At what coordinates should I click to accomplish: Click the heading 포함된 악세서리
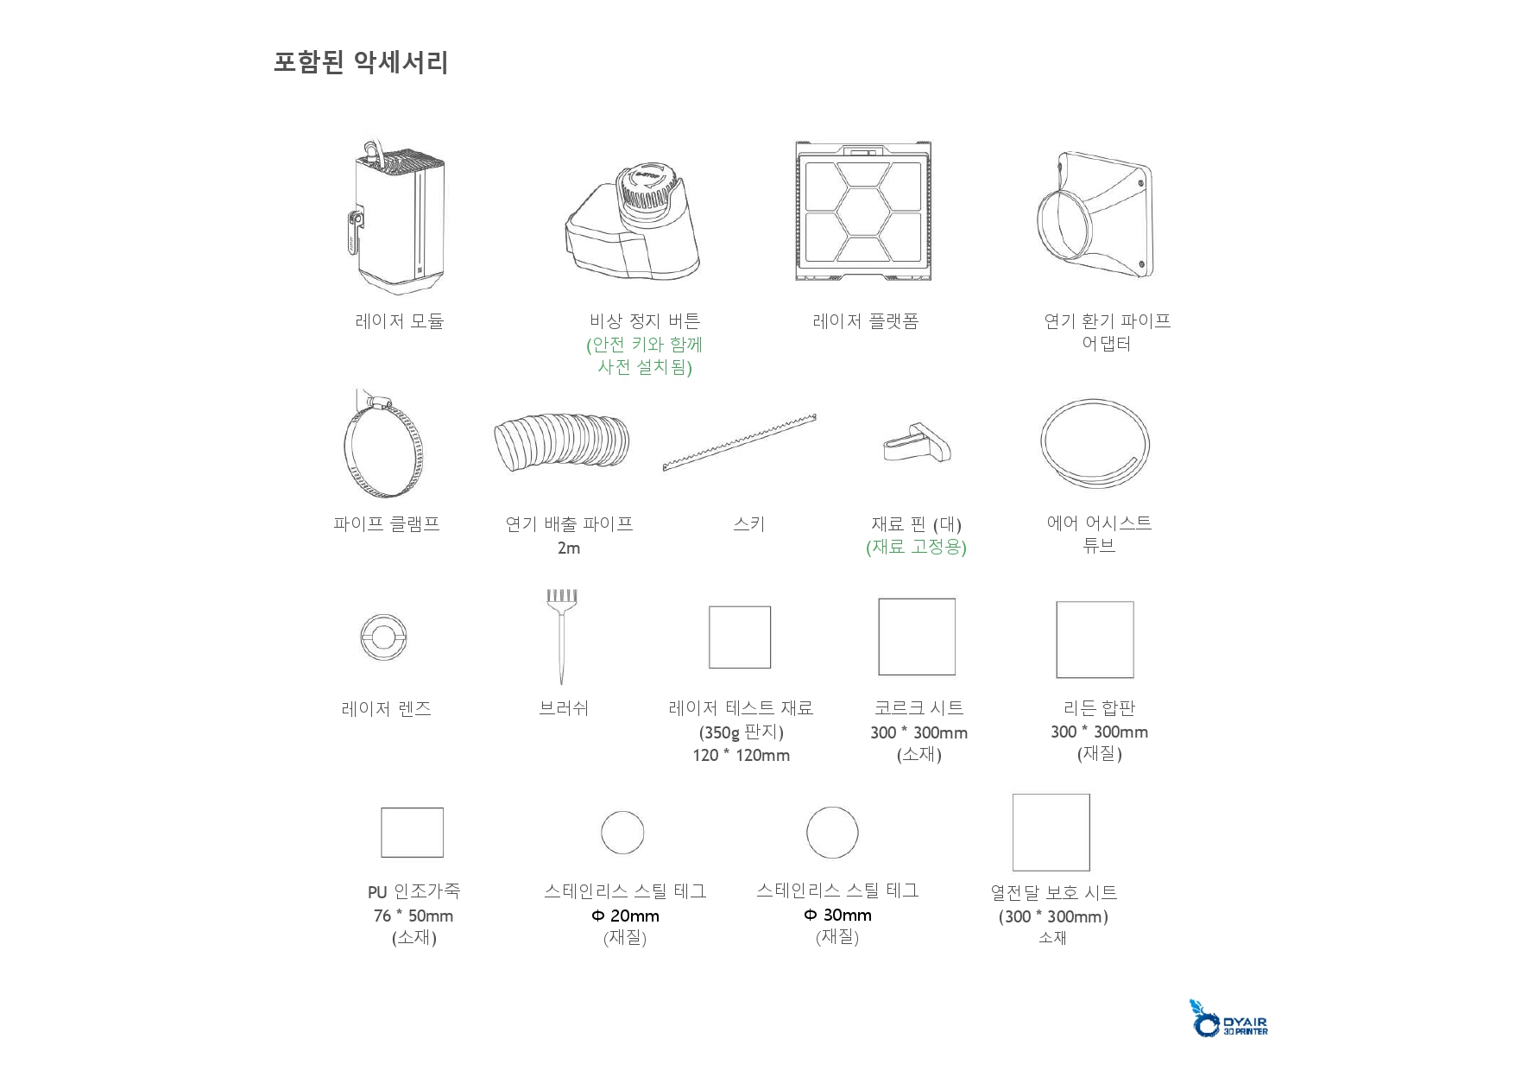(361, 63)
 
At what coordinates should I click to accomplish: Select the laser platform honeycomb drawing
(863, 212)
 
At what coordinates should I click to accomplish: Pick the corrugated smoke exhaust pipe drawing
(562, 445)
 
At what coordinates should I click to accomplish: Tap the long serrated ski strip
(740, 442)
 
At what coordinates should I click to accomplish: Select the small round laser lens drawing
(383, 637)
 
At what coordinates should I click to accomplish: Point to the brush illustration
(562, 634)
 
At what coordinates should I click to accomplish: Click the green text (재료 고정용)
(916, 548)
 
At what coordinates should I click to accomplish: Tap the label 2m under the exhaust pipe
(569, 548)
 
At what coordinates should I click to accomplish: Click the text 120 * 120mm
(741, 756)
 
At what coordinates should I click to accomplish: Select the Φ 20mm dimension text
(625, 916)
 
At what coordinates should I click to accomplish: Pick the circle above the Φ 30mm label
(832, 833)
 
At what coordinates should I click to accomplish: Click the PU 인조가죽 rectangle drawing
(412, 833)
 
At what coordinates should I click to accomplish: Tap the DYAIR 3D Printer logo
(1231, 1019)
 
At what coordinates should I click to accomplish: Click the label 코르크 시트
(918, 708)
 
